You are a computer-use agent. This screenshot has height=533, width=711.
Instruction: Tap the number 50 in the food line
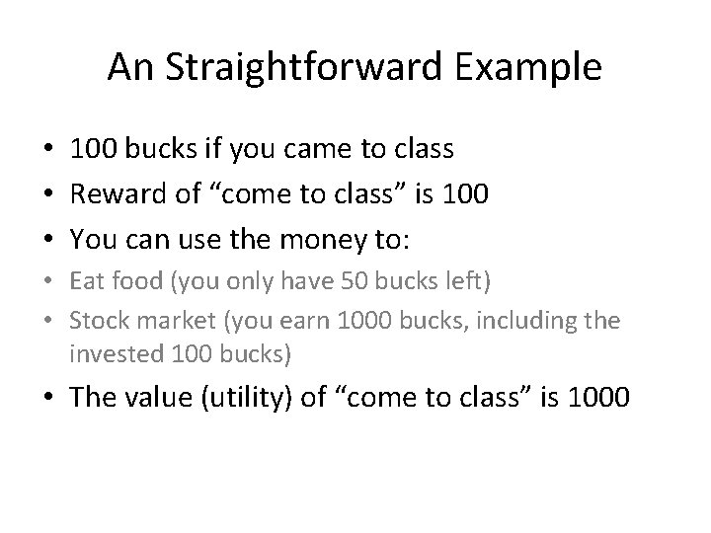[325, 281]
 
